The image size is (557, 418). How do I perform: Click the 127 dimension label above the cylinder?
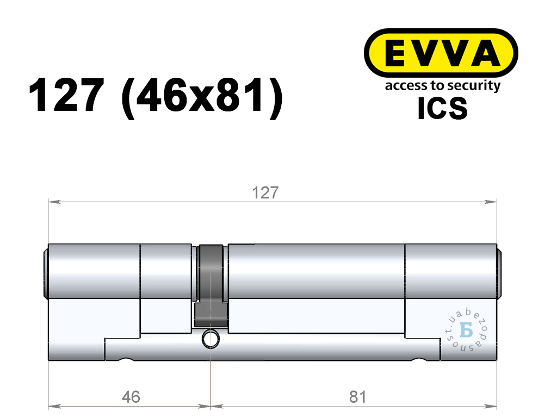point(265,192)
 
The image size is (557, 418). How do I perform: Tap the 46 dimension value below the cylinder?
point(131,397)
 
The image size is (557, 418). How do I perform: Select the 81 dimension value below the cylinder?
point(357,397)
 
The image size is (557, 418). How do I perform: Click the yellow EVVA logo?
point(441,53)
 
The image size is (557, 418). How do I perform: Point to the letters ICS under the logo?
point(442,108)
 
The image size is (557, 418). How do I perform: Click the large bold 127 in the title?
point(66,95)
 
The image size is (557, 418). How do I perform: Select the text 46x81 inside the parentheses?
point(201,95)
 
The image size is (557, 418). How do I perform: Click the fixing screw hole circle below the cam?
point(211,339)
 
